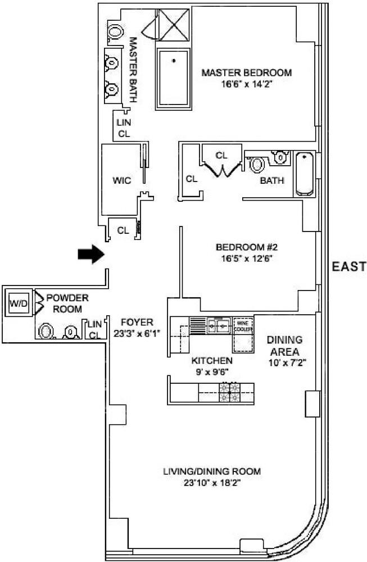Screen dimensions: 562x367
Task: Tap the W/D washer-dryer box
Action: coord(16,303)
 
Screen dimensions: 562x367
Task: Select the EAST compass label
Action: coord(348,267)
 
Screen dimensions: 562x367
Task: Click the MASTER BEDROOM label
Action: coord(247,73)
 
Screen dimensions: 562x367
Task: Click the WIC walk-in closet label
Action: coord(121,180)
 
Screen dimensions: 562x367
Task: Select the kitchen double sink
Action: coord(219,324)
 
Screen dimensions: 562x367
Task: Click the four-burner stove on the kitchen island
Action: coord(229,392)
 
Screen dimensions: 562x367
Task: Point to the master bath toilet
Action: coord(115,31)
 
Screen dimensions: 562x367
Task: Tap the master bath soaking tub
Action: coord(174,77)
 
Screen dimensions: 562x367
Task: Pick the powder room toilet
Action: coord(46,332)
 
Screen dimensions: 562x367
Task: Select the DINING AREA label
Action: coord(284,345)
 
